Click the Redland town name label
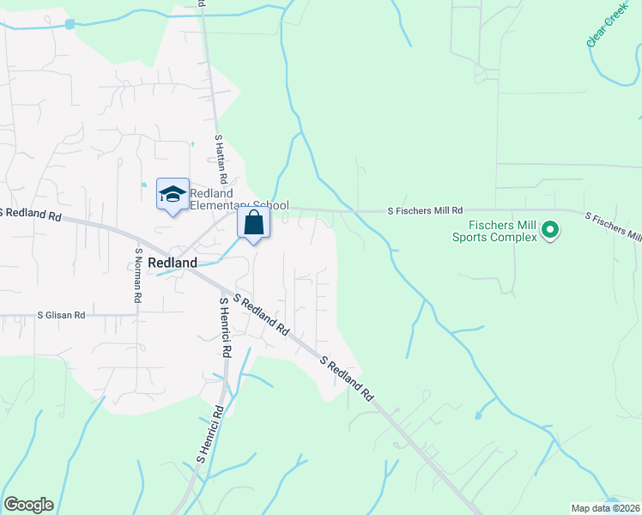point(173,263)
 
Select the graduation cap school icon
point(173,194)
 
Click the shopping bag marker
point(254,223)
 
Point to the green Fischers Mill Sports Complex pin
point(549,230)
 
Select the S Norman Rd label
point(136,275)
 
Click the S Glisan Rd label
point(61,315)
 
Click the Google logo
point(28,505)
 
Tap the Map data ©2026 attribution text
point(606,508)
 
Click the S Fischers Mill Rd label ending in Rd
point(425,209)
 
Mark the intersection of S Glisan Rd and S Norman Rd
point(136,315)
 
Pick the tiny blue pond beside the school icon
point(143,185)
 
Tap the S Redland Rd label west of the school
point(32,214)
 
